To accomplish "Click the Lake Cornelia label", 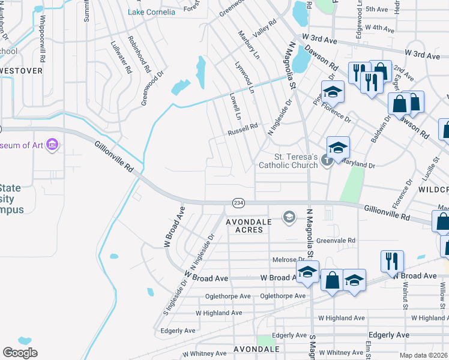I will click(x=152, y=12).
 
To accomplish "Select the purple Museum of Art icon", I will click(x=52, y=145).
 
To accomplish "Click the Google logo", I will click(x=20, y=353).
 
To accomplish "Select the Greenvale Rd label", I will click(x=336, y=241).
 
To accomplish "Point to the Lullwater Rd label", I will click(x=121, y=57).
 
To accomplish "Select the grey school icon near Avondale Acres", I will click(x=289, y=217).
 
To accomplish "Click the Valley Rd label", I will click(x=264, y=29).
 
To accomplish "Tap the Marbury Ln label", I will click(x=249, y=45).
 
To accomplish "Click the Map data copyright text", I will click(x=424, y=354).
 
